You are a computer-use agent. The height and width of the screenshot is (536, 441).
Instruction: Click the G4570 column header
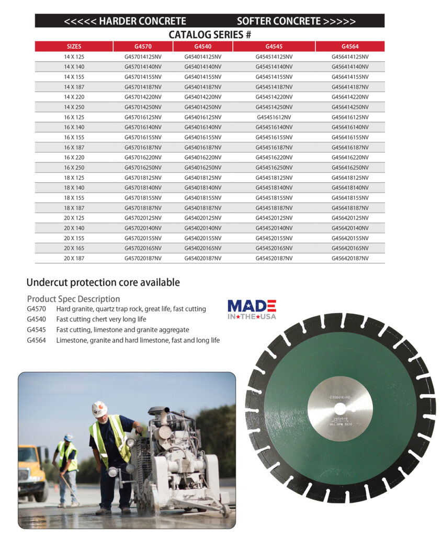tap(143, 46)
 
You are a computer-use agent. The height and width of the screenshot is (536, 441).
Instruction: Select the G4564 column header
tap(349, 46)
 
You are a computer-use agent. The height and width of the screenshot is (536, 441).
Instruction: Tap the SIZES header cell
tap(74, 46)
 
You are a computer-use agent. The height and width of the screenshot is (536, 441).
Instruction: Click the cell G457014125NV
tap(143, 57)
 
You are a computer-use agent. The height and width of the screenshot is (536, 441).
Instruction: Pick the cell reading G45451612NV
tap(274, 117)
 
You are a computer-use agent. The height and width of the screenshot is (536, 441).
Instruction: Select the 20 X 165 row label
tap(74, 248)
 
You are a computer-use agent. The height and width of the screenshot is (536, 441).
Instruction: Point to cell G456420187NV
tap(349, 258)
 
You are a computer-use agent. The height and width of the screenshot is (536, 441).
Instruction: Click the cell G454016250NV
tap(202, 167)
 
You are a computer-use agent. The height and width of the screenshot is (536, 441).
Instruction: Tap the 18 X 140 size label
tap(74, 188)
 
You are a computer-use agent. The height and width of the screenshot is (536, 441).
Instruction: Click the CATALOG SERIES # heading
tap(210, 35)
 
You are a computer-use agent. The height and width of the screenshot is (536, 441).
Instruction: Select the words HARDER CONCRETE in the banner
tap(142, 21)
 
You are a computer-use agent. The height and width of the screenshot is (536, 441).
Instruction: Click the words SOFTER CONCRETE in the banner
tap(278, 21)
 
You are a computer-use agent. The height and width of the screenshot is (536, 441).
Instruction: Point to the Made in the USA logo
tap(252, 309)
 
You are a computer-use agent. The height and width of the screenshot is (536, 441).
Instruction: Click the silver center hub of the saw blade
tap(340, 409)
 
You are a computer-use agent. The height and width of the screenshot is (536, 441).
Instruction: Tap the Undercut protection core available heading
tap(103, 283)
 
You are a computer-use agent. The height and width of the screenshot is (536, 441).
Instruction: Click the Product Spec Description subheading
tap(73, 299)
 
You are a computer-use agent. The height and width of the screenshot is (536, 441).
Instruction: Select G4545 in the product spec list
tap(36, 330)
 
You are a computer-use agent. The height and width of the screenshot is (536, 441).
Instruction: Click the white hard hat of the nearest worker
tap(99, 408)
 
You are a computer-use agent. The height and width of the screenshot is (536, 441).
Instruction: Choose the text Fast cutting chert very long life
tap(101, 319)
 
